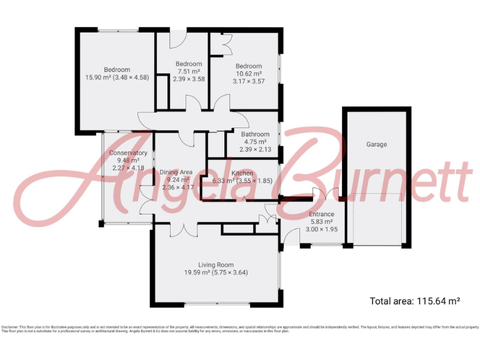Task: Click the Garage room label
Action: tap(376, 144)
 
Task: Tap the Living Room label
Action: tap(216, 265)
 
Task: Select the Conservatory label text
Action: tap(128, 153)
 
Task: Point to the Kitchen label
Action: tap(242, 173)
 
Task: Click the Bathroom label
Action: tap(255, 134)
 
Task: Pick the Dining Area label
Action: tap(176, 172)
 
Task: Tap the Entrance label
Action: tap(322, 214)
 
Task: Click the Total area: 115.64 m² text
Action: tap(415, 301)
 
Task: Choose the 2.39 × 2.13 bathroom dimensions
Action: tap(255, 149)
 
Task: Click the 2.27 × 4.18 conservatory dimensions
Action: tap(128, 168)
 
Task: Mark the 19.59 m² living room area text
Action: tap(198, 272)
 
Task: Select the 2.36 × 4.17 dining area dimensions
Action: tap(176, 187)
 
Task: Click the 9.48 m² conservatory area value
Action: tap(128, 161)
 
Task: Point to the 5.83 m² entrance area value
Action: tap(322, 222)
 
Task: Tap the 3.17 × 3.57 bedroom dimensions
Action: tap(249, 81)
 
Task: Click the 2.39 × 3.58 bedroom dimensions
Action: tap(189, 79)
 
